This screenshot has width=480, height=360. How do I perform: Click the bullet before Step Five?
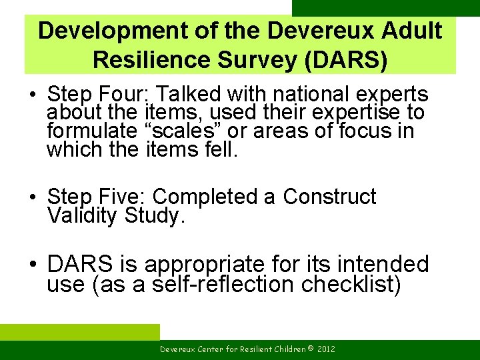tap(33, 197)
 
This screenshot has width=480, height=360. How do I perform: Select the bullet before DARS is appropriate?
tap(33, 265)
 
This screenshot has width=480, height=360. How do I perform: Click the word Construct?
tap(329, 197)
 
